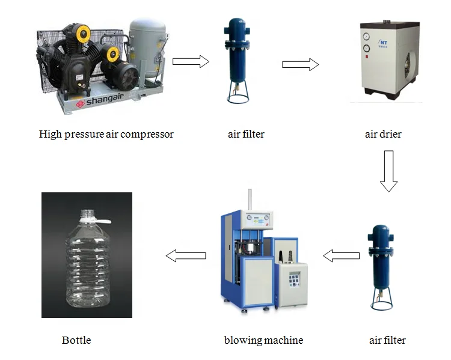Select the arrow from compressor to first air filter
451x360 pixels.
coord(190,61)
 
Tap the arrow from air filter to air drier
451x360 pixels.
coord(300,64)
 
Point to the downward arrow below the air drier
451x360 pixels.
coord(389,171)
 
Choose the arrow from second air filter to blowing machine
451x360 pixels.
coord(340,256)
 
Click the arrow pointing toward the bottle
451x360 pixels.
coord(186,256)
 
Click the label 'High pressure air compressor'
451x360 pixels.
coord(106,134)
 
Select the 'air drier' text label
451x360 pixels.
coord(383,134)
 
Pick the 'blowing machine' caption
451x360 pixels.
coord(263,340)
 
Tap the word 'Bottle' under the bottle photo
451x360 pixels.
coord(76,340)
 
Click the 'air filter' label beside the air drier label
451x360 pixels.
coord(246,134)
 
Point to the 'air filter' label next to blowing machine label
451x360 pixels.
coord(387,340)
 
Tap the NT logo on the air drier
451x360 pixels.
coord(383,43)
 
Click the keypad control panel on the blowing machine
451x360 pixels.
coord(295,278)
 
